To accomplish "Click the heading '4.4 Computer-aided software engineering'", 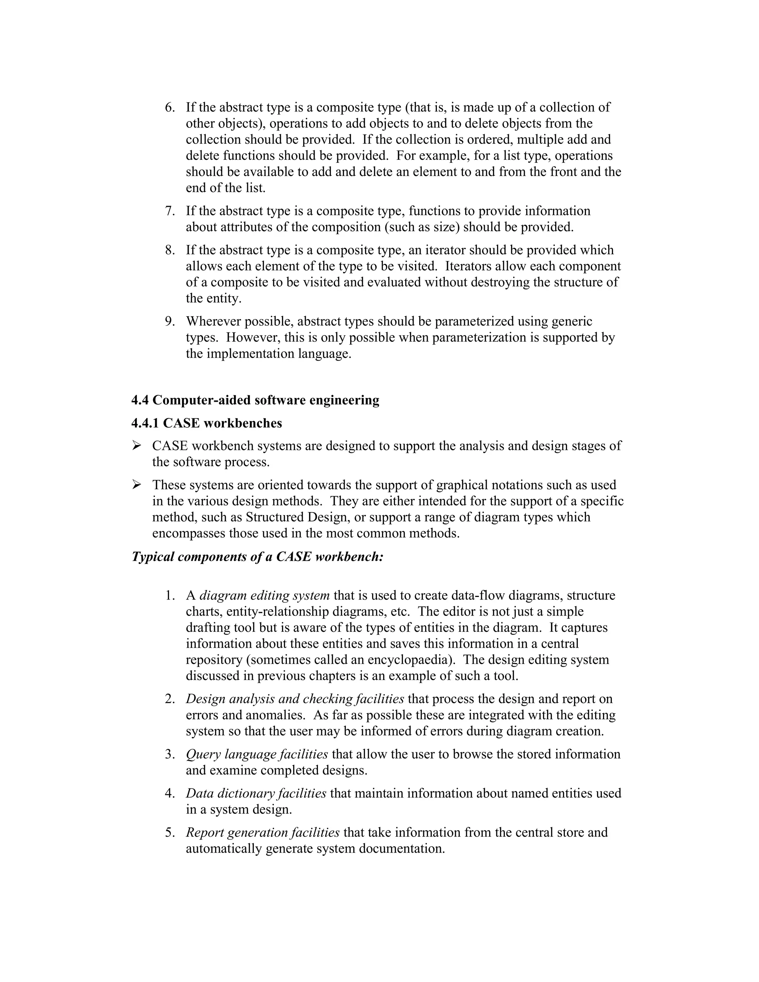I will click(255, 400).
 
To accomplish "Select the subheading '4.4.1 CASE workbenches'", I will click(206, 423).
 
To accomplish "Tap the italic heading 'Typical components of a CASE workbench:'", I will click(257, 557).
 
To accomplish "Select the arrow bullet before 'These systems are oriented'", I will click(136, 485).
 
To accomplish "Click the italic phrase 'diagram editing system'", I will click(264, 595).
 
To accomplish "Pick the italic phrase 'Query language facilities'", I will click(257, 754).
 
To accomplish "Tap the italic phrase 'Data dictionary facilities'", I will click(256, 793).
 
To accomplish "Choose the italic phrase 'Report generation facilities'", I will click(263, 832).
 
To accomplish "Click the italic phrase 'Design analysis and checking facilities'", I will click(295, 699).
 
